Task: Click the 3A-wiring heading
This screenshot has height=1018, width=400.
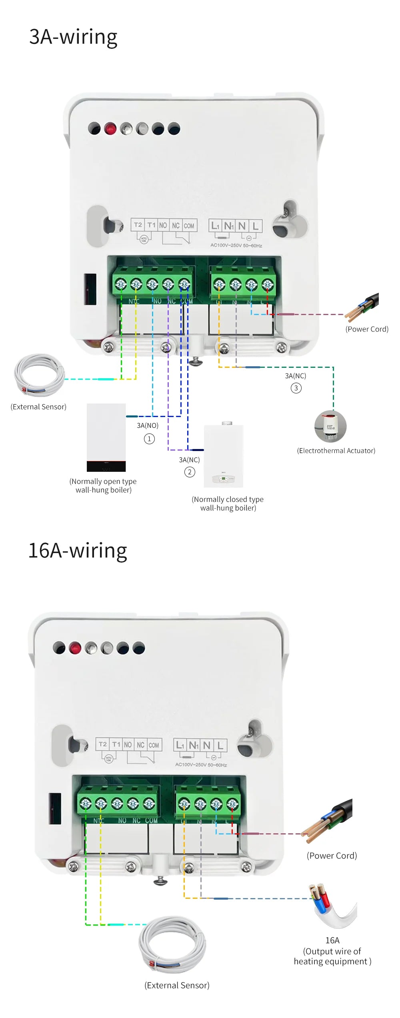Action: coord(73,37)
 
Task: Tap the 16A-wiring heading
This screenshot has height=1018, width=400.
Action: coord(78,551)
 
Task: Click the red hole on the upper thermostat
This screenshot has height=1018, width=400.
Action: coord(110,129)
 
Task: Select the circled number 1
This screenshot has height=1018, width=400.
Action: coord(149,439)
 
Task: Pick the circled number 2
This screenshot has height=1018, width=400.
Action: coord(190,472)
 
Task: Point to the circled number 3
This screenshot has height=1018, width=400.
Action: coord(296,388)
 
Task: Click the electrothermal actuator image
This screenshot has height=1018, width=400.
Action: coord(330,426)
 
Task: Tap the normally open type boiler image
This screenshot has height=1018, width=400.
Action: coord(106,437)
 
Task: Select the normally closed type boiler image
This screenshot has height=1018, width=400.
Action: coord(224,456)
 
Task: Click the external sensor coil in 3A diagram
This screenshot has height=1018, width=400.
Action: coord(39,375)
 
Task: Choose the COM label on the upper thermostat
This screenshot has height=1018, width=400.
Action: coord(189,226)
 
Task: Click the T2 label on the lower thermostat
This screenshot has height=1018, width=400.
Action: coord(103,744)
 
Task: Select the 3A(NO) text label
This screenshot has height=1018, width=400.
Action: coord(148,425)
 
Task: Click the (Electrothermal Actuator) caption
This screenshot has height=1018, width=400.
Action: coord(336,451)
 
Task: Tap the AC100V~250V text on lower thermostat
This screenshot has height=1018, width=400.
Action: coord(201,765)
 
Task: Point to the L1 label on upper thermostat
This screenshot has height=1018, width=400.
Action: coord(215,226)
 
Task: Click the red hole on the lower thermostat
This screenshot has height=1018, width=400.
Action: coord(75,648)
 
